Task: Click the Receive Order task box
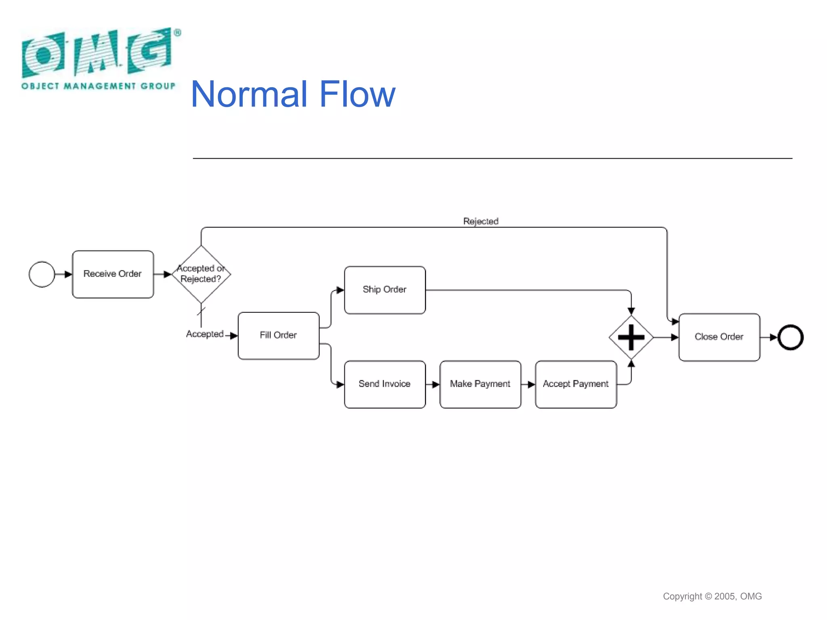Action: [x=113, y=274]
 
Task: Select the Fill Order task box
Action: [x=278, y=335]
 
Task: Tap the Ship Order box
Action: [x=384, y=290]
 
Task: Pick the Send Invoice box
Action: [x=384, y=384]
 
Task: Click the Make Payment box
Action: [x=480, y=384]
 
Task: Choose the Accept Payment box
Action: [x=575, y=384]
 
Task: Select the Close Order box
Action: [x=719, y=337]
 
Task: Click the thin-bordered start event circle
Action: [x=42, y=274]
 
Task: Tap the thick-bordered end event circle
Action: [x=790, y=337]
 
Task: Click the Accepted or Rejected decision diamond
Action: [x=201, y=274]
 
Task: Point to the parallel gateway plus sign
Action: [x=631, y=337]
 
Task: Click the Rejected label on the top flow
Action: [x=481, y=221]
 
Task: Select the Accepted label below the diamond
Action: [x=205, y=334]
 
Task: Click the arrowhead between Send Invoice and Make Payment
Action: [x=435, y=385]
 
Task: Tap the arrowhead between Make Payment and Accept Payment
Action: [x=531, y=385]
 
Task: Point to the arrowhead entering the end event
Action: [x=773, y=337]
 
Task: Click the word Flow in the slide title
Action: [x=357, y=94]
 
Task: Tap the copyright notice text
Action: [x=712, y=596]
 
